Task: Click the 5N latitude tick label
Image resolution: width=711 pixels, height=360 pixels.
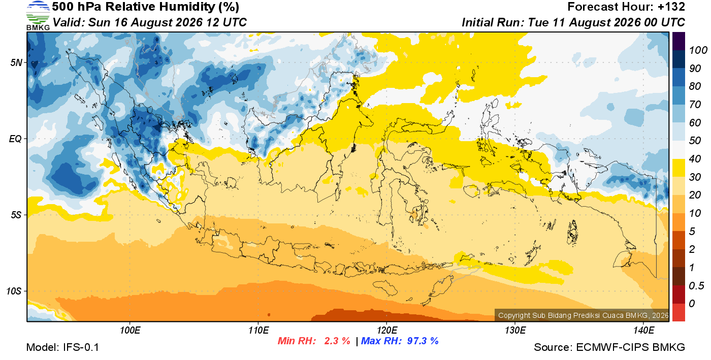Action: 16,62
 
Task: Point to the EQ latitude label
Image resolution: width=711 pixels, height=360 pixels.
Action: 16,139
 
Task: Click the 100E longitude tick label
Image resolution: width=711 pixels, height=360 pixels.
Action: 130,331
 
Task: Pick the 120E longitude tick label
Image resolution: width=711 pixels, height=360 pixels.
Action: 387,331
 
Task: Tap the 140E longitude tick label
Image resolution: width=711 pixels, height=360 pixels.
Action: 644,331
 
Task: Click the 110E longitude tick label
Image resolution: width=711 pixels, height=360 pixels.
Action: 258,331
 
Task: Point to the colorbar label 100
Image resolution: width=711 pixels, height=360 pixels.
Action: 698,50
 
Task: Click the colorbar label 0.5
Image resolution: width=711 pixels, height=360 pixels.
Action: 696,286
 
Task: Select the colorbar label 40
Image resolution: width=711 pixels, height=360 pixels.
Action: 695,159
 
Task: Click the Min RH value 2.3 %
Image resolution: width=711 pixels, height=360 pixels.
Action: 337,341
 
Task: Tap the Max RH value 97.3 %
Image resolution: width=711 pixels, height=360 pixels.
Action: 423,341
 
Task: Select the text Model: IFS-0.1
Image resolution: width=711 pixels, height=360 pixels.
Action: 62,347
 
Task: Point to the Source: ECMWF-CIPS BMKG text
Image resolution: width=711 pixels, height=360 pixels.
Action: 609,347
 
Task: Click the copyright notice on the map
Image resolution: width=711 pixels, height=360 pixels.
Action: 584,315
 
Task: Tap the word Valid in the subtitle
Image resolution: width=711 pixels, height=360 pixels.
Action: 69,22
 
